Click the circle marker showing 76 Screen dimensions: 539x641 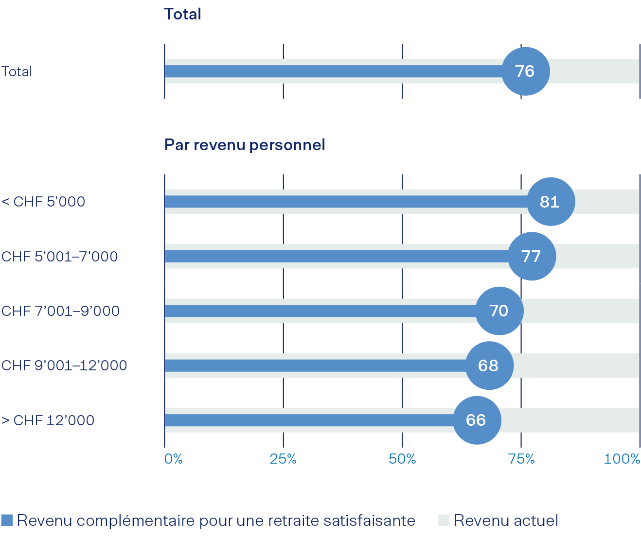point(525,71)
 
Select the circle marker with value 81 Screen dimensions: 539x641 point(551,202)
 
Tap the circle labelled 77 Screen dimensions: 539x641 point(532,256)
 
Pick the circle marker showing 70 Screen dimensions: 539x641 point(499,311)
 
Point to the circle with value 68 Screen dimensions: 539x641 point(489,365)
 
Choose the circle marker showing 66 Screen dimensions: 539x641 point(476,420)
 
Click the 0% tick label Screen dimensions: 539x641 point(174,459)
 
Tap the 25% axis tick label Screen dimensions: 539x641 point(283,459)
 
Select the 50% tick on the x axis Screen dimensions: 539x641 point(402,459)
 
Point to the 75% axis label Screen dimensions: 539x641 point(521,459)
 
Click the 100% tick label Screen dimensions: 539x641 point(622,459)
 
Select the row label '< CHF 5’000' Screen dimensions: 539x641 point(43,202)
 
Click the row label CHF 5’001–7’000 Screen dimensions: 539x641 point(60,256)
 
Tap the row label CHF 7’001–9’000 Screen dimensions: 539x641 point(61,311)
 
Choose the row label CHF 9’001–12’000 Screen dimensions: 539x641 point(64,365)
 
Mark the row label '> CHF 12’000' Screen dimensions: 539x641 point(48,420)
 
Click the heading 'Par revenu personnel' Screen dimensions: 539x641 point(245,145)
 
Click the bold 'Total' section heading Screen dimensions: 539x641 point(182,14)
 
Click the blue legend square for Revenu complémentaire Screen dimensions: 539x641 point(7,520)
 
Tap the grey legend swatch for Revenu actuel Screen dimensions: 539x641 point(443,520)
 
